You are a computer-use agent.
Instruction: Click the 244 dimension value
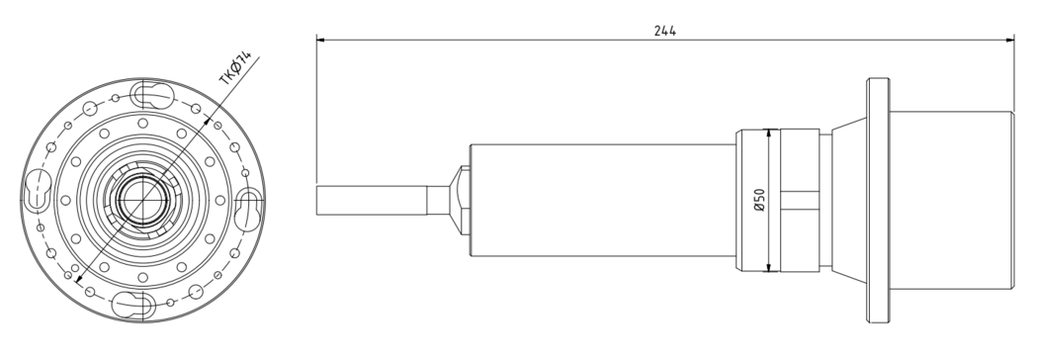click(x=664, y=31)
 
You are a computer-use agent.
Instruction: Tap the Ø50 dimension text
click(x=759, y=200)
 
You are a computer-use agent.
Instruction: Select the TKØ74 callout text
click(x=235, y=68)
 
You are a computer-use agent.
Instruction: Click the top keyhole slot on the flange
click(x=152, y=95)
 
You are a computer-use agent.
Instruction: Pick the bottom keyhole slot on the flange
click(x=133, y=305)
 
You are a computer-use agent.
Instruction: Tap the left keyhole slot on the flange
click(x=38, y=191)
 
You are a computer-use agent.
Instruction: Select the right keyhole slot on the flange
click(x=248, y=210)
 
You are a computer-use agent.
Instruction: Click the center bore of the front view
click(x=142, y=200)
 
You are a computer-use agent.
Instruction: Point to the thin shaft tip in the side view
click(x=371, y=201)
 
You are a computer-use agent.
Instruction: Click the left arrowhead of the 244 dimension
click(x=321, y=40)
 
